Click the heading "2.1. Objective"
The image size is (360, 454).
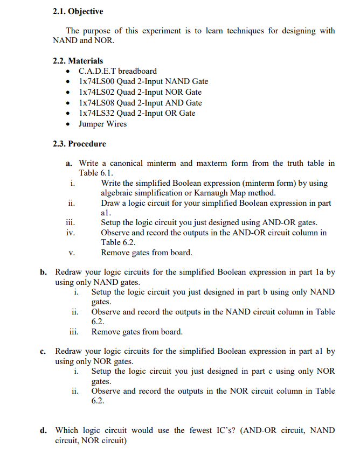tap(78, 11)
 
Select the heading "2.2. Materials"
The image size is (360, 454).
tap(78, 60)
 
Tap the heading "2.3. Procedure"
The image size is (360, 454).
tap(80, 144)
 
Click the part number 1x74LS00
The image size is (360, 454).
tap(96, 81)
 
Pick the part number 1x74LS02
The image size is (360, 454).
tap(96, 92)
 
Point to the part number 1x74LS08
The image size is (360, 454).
tap(96, 102)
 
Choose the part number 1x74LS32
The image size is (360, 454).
tap(96, 113)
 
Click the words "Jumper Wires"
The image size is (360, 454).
tap(103, 124)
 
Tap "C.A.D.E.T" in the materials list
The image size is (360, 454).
tap(97, 71)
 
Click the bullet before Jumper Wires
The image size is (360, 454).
tap(67, 124)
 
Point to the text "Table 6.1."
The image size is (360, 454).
tap(96, 173)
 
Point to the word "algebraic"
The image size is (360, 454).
tap(120, 193)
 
